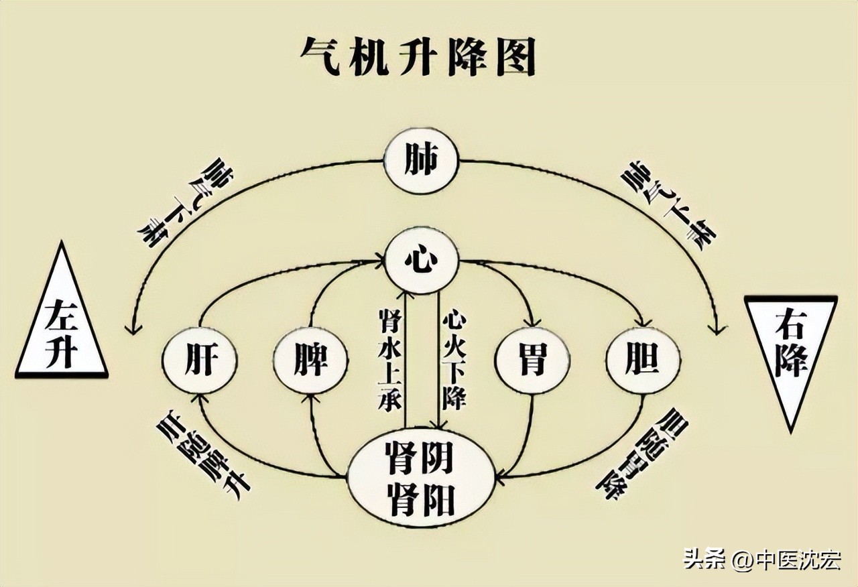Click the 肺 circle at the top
click(421, 161)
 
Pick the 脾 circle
click(310, 361)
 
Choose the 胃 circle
click(531, 361)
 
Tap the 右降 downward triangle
click(791, 355)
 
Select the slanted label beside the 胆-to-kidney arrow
click(640, 453)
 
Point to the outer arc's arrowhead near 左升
click(133, 328)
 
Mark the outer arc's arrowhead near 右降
click(718, 328)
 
